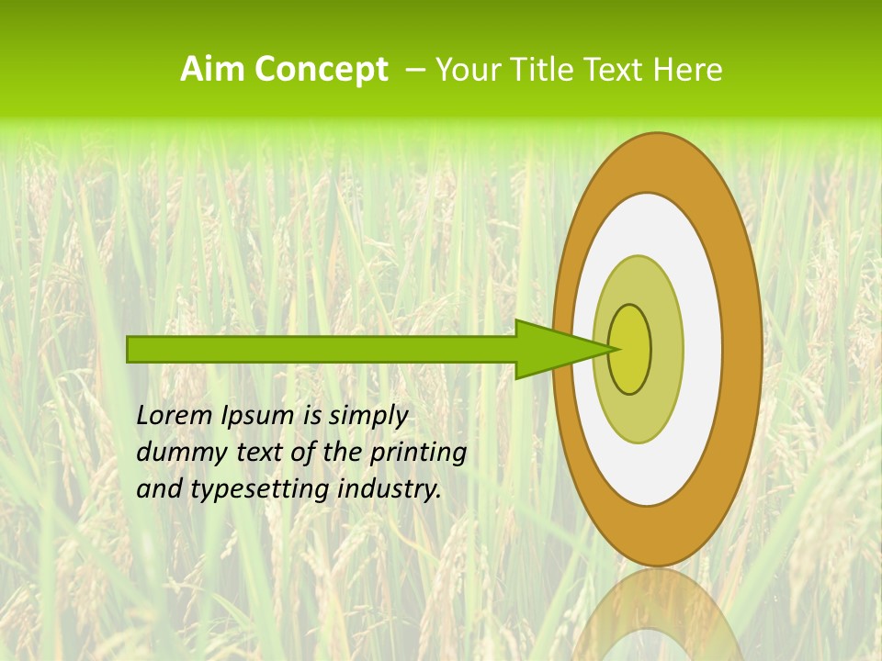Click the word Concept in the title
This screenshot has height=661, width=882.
point(321,70)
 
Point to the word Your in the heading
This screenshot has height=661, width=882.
point(466,70)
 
